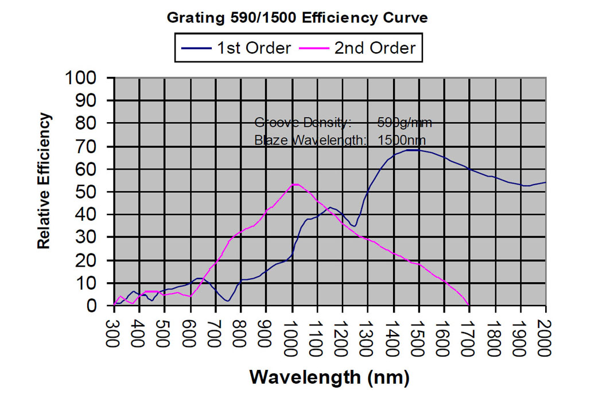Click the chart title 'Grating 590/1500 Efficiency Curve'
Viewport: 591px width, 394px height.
click(297, 18)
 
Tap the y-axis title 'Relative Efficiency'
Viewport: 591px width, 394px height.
click(44, 181)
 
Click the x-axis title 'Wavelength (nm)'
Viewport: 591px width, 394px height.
click(329, 377)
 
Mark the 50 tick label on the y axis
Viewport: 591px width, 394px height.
click(94, 192)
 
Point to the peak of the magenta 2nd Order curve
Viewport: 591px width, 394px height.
click(295, 184)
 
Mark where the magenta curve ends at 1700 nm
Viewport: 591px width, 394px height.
click(469, 305)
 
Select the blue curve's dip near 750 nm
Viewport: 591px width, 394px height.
click(228, 301)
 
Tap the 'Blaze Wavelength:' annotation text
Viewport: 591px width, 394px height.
click(310, 139)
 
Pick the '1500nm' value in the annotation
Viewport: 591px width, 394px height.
click(402, 139)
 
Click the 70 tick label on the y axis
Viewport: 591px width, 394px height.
click(94, 146)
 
